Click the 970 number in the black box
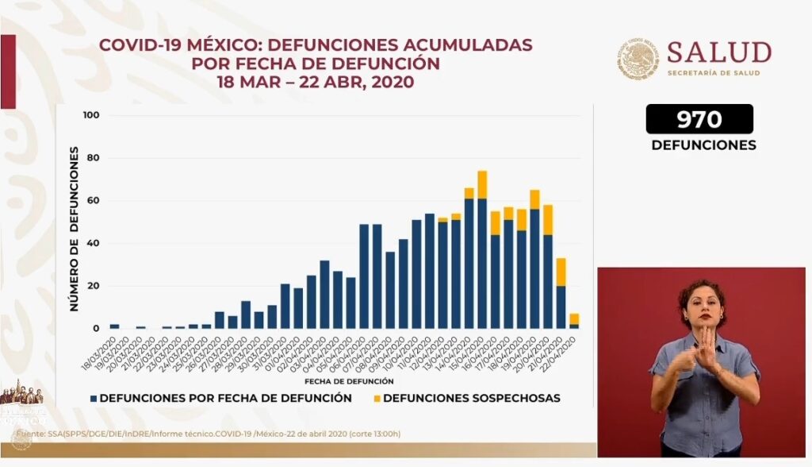coord(699,119)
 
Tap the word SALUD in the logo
coord(718,52)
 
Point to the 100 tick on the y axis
coord(90,116)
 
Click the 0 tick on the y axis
coord(95,328)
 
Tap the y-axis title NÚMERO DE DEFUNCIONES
coord(74,228)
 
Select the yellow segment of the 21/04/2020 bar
coord(561,272)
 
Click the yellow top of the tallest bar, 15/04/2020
coord(482,184)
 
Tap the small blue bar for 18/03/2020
coord(115,326)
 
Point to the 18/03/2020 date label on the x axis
coord(104,349)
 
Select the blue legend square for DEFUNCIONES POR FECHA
coord(94,398)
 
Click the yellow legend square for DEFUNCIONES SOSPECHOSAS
coord(375,398)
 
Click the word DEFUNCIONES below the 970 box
coord(703,145)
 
